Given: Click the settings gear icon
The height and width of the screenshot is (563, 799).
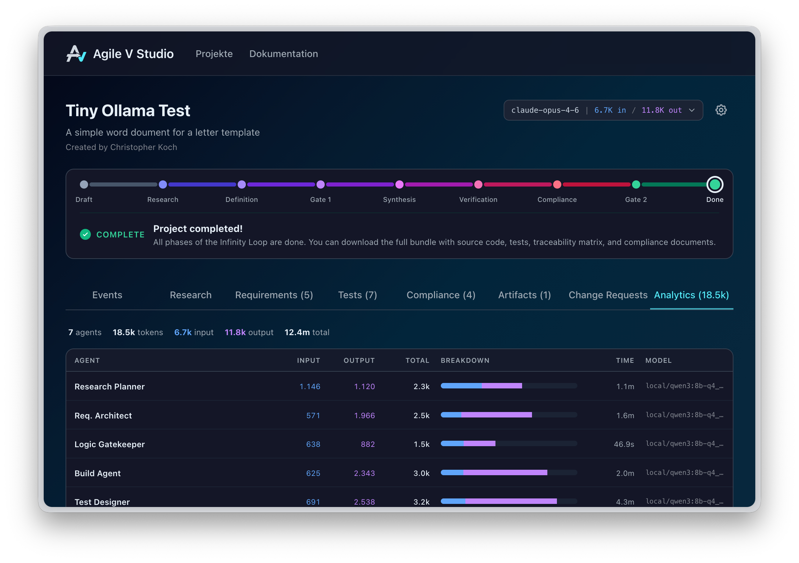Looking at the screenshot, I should click(721, 110).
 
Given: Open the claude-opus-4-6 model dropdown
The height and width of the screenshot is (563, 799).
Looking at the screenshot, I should click(603, 110).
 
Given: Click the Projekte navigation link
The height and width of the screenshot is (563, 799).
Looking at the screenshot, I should click(214, 54).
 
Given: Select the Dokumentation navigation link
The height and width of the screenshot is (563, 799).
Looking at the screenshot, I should click(283, 54).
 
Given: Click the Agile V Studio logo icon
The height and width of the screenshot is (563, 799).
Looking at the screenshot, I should click(76, 54).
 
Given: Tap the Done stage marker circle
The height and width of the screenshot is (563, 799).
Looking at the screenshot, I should click(714, 184).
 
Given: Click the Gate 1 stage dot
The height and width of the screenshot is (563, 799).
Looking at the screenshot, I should click(321, 184).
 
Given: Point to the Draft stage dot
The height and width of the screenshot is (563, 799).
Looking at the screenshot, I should click(84, 184).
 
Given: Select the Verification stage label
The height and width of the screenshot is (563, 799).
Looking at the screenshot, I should click(478, 200).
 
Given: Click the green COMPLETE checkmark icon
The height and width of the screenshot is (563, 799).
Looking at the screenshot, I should click(85, 234).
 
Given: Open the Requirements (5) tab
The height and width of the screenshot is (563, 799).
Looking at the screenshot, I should click(274, 295).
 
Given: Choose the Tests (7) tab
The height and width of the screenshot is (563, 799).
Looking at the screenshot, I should click(358, 295).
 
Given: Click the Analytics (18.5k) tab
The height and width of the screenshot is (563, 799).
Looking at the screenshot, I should click(691, 295).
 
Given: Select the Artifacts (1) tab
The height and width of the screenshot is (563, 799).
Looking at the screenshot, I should click(524, 295).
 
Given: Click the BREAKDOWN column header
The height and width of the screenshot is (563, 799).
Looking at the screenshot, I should click(465, 360).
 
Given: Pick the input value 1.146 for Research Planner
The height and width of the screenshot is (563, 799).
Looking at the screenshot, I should click(310, 386).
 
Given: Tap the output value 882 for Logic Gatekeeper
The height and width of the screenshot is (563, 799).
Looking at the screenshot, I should click(368, 444).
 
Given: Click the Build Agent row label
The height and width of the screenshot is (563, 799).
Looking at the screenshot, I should click(97, 473).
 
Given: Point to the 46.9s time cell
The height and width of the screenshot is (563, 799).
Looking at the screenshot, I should click(623, 444).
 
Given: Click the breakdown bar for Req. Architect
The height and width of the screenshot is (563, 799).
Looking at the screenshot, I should click(508, 415).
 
